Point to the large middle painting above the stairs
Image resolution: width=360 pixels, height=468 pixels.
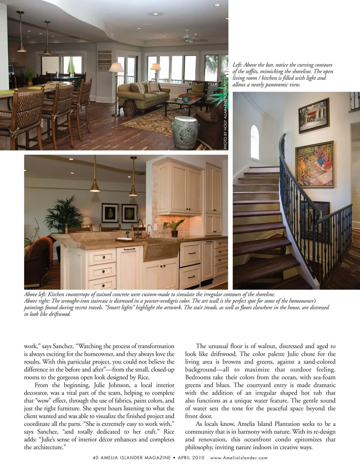pos(314,164)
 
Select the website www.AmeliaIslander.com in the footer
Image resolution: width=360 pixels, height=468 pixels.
pos(239,457)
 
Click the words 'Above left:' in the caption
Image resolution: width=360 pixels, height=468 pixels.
pos(35,295)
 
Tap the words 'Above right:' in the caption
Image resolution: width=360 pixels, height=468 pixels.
pos(37,301)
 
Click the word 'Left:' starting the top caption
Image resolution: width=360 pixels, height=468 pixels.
pos(237,65)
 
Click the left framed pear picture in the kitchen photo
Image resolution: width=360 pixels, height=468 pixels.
pos(110,213)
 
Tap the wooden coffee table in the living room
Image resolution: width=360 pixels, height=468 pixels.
pos(182,102)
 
